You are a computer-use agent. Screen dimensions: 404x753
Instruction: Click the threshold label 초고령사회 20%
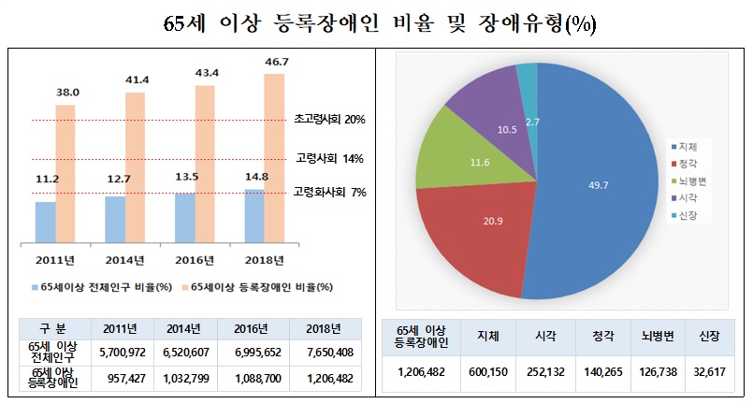click(328, 120)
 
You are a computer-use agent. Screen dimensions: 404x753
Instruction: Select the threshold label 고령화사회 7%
click(328, 192)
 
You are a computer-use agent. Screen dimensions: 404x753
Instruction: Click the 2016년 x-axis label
click(195, 259)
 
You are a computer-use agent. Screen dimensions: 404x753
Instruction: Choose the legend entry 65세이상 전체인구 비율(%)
click(106, 287)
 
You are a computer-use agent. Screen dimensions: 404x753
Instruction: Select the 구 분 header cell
click(52, 327)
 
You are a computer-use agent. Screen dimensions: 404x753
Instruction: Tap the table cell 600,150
click(487, 369)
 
